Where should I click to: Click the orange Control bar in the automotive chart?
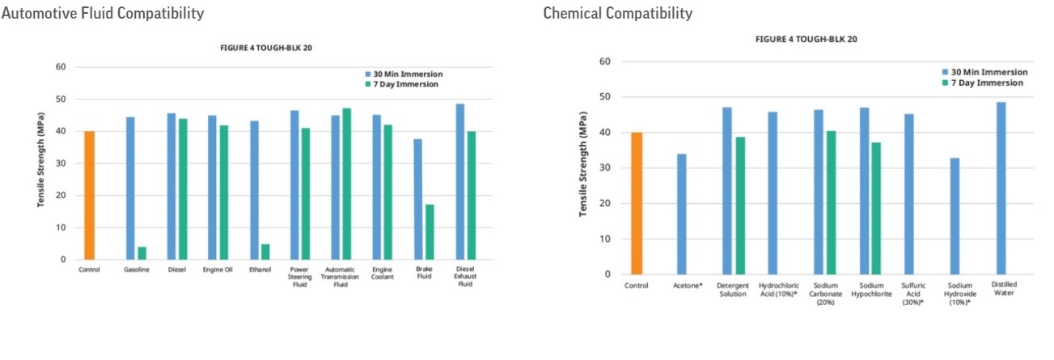coord(89,195)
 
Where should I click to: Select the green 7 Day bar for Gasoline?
coord(142,253)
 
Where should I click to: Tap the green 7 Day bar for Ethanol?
coord(265,252)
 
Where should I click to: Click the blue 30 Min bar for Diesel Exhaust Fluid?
coord(459,182)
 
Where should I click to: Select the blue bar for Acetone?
coord(682,214)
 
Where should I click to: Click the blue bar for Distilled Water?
coord(1001,188)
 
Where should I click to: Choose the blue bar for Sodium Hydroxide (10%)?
coord(955,216)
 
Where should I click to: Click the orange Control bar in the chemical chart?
coord(637,203)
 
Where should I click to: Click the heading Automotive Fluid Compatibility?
coord(104,14)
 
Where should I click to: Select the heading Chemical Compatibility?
coord(618,14)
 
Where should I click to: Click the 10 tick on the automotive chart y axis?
coord(61,227)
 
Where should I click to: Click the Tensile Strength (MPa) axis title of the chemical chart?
coord(582,168)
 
